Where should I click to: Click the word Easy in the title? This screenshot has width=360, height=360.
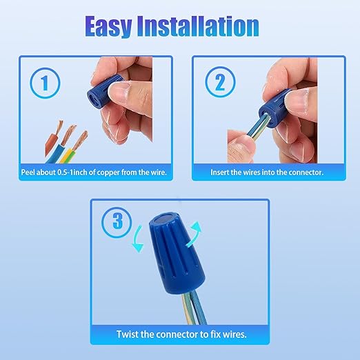pyautogui.click(x=108, y=26)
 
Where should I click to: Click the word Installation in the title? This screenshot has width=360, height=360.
pyautogui.click(x=198, y=26)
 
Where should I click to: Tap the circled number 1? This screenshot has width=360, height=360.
pyautogui.click(x=45, y=83)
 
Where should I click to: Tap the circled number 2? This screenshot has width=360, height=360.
pyautogui.click(x=220, y=82)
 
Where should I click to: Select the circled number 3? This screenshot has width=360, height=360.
pyautogui.click(x=117, y=222)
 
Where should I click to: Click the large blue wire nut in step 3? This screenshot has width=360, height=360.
pyautogui.click(x=177, y=253)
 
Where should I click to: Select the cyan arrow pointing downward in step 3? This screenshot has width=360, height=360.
pyautogui.click(x=137, y=239)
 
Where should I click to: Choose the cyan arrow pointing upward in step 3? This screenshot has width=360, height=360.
pyautogui.click(x=194, y=234)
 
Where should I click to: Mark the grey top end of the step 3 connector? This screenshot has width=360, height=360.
pyautogui.click(x=164, y=219)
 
